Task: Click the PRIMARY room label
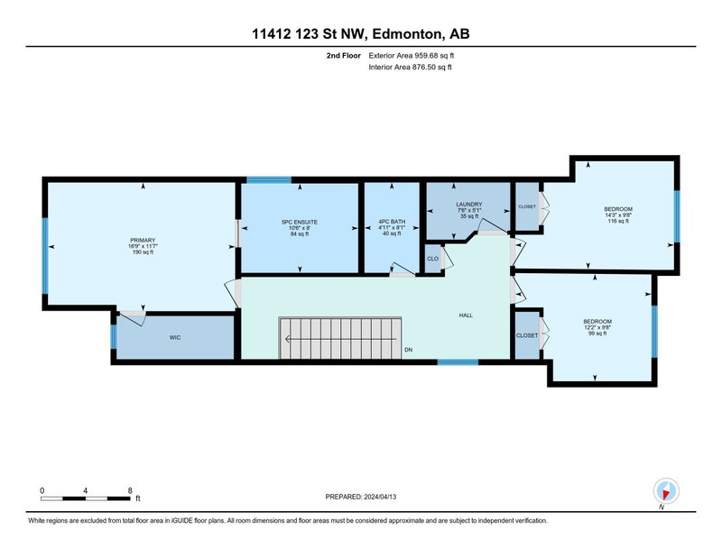tap(143, 240)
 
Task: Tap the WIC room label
tap(175, 338)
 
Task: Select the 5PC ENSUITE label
tap(300, 222)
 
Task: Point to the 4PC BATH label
tap(392, 222)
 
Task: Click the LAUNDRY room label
tap(468, 205)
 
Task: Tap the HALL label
tap(466, 315)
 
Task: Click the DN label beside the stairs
tap(409, 350)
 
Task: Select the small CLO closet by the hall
tap(433, 259)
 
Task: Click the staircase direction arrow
tap(341, 340)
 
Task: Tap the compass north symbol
tap(666, 491)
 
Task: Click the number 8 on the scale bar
tap(130, 491)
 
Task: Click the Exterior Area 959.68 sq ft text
tap(412, 56)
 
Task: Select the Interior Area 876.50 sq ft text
tap(410, 68)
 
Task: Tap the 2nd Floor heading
tap(344, 56)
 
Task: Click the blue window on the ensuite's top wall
tap(269, 180)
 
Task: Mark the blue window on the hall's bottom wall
tap(458, 362)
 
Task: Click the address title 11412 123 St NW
tap(308, 34)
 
